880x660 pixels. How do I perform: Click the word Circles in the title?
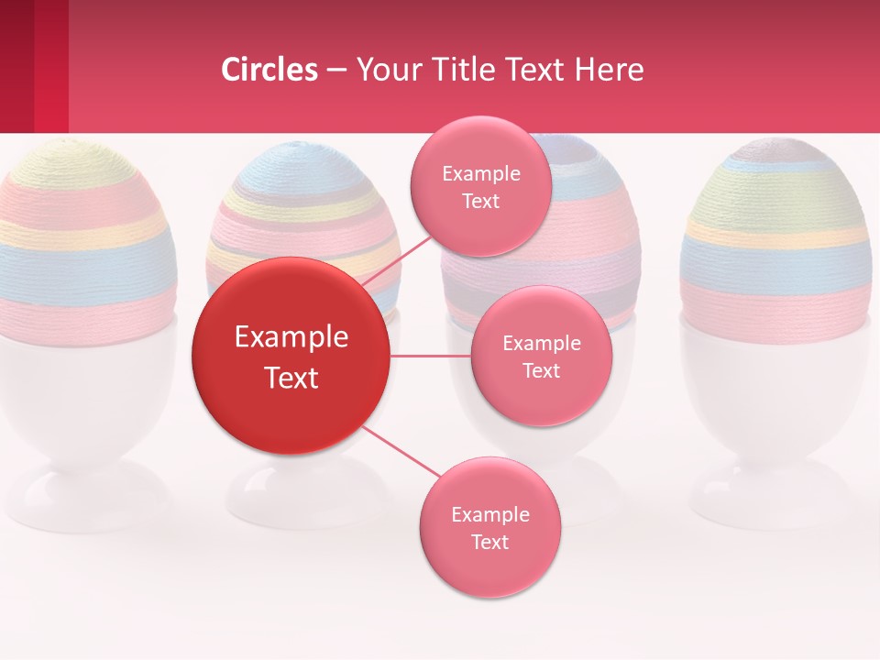(x=269, y=70)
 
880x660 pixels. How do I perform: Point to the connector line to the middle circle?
(x=431, y=356)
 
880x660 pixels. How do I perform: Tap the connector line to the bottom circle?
(x=403, y=452)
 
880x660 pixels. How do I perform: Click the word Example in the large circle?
(x=291, y=337)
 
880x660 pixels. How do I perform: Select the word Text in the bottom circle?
(x=489, y=542)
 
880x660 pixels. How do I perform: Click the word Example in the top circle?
(x=480, y=173)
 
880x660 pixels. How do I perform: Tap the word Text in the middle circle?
(x=541, y=370)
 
